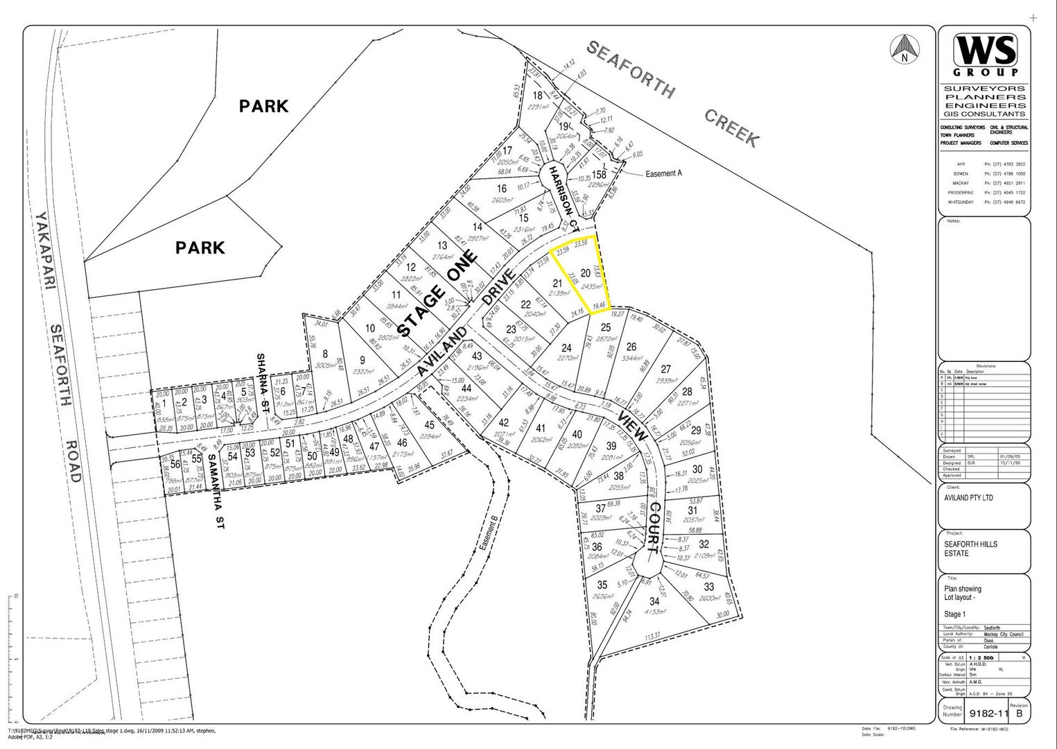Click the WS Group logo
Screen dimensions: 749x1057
985,54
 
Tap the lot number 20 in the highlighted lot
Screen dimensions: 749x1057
585,273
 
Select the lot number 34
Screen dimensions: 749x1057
654,601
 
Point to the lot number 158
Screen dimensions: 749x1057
598,175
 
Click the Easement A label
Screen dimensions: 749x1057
663,173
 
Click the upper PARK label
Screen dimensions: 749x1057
263,106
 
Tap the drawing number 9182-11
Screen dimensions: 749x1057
988,713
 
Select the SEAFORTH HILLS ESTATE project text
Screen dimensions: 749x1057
970,549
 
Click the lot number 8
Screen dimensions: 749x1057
324,354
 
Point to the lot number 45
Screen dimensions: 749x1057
430,425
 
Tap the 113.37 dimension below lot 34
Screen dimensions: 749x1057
652,637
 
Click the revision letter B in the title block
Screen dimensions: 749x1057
1018,713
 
